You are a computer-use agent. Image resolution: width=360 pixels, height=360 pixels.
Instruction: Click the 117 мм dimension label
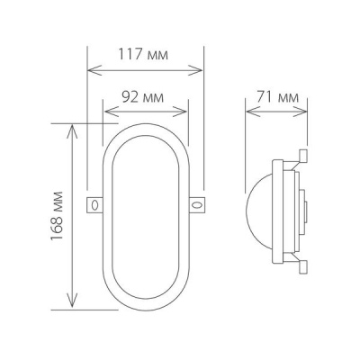click(145, 53)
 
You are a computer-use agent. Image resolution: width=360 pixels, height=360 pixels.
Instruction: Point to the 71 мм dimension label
click(279, 96)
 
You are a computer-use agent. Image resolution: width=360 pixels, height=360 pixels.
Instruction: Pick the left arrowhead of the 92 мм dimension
click(108, 112)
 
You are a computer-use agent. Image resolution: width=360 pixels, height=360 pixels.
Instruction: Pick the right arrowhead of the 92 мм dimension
click(184, 112)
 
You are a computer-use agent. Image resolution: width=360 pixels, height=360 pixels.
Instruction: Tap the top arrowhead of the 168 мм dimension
click(69, 128)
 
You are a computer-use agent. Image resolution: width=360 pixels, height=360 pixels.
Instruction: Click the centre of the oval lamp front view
click(146, 216)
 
